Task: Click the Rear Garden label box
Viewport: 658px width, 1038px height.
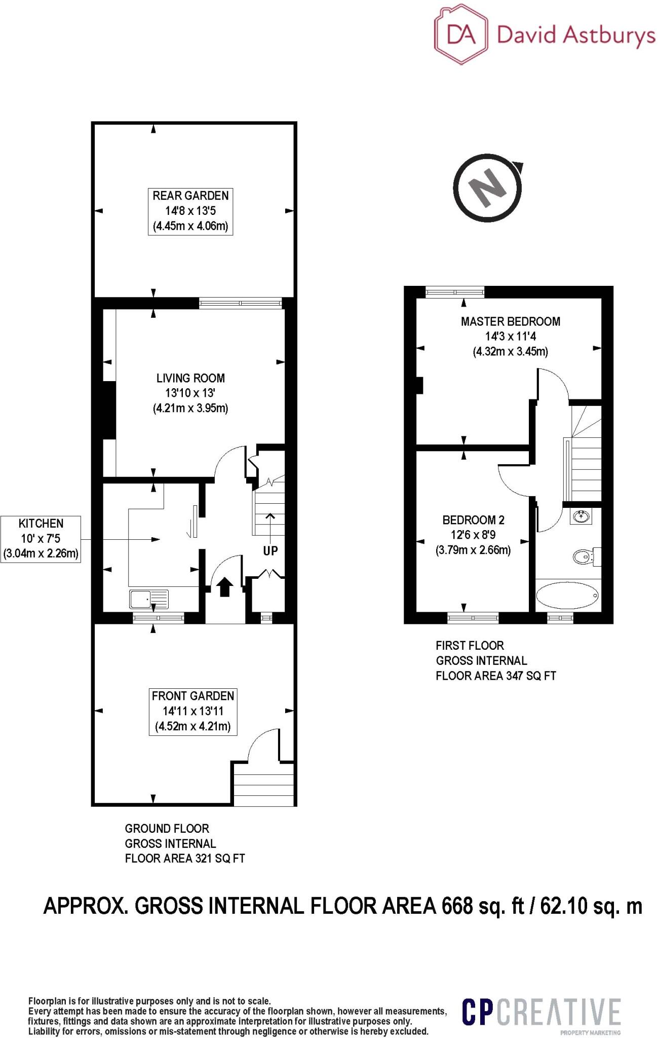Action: [x=190, y=211]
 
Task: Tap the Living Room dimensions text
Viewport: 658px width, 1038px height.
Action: [x=190, y=400]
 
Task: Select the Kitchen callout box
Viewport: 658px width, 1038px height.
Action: [x=41, y=539]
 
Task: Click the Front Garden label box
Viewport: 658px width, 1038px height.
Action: [x=193, y=711]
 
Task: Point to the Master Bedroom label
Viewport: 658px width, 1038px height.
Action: [x=510, y=321]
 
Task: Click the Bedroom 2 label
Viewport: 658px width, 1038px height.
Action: [x=473, y=520]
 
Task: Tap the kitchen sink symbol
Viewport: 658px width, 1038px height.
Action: [x=149, y=600]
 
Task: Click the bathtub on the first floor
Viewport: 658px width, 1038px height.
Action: [x=567, y=596]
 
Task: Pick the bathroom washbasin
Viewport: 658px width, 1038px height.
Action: [x=580, y=517]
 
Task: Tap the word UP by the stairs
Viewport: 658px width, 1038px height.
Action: [x=270, y=551]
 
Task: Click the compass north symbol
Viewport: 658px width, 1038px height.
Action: [x=488, y=189]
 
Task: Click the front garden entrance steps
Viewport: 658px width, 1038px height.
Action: [x=264, y=785]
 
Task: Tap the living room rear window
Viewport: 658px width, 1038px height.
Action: [x=240, y=303]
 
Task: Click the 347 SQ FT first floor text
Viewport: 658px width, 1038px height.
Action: [x=529, y=676]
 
